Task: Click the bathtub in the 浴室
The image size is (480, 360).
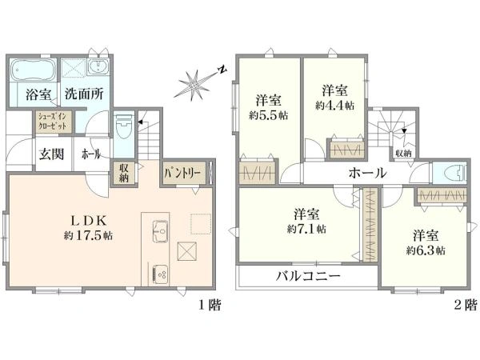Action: coord(34,69)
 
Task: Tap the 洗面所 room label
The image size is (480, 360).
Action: coord(83,94)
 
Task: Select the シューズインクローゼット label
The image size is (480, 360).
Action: coord(52,122)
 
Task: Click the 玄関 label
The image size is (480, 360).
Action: coord(51,154)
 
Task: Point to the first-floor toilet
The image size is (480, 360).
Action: coord(124,126)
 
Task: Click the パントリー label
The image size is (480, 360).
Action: coord(182,174)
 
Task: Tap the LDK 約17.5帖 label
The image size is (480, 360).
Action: coord(88,228)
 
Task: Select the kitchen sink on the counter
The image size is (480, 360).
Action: coord(160,230)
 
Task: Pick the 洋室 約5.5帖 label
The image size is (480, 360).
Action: coord(269,108)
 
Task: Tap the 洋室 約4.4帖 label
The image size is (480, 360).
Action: coord(334,98)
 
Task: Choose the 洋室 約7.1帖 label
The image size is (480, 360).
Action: coord(306,221)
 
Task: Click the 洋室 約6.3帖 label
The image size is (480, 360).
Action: coord(426,243)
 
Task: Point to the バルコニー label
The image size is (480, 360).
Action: coord(308,277)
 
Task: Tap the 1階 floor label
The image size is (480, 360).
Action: coord(210,305)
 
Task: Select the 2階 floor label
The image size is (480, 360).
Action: coord(465,305)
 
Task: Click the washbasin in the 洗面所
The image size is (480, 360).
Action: coord(98,67)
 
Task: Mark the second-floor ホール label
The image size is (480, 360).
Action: coord(368,174)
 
